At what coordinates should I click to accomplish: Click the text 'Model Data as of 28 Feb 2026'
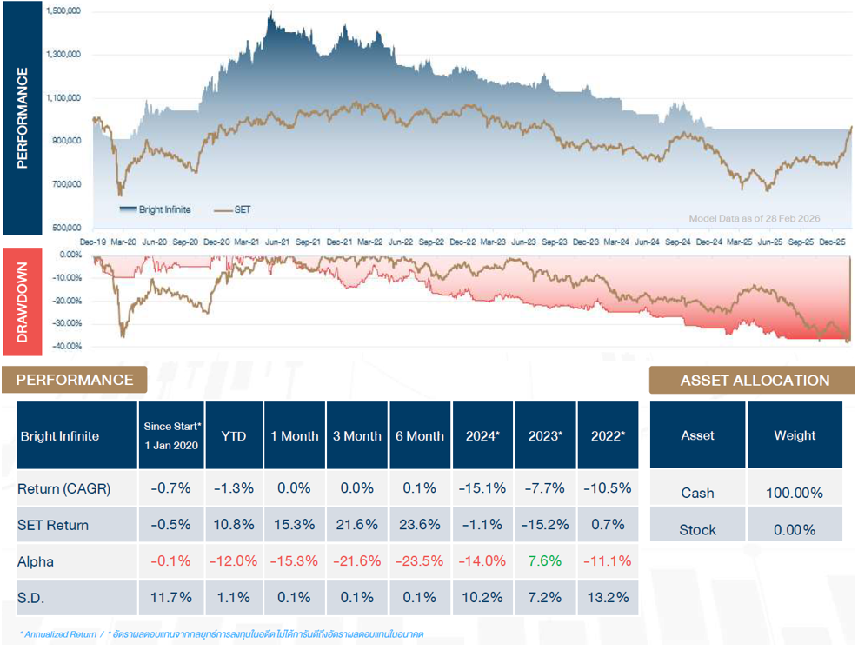click(754, 218)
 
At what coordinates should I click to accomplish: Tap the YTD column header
click(234, 436)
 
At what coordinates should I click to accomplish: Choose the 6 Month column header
click(420, 436)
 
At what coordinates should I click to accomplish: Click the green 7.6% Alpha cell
click(545, 561)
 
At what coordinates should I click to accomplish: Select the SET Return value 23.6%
click(420, 525)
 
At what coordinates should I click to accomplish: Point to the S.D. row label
click(32, 598)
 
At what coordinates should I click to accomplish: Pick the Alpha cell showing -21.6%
click(357, 561)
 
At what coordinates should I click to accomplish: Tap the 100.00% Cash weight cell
click(794, 493)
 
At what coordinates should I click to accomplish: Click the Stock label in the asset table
click(697, 529)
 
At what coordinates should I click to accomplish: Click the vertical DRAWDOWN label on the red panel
click(23, 302)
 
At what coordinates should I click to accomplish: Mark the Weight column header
click(794, 435)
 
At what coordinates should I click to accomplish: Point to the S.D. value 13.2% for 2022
click(607, 598)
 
